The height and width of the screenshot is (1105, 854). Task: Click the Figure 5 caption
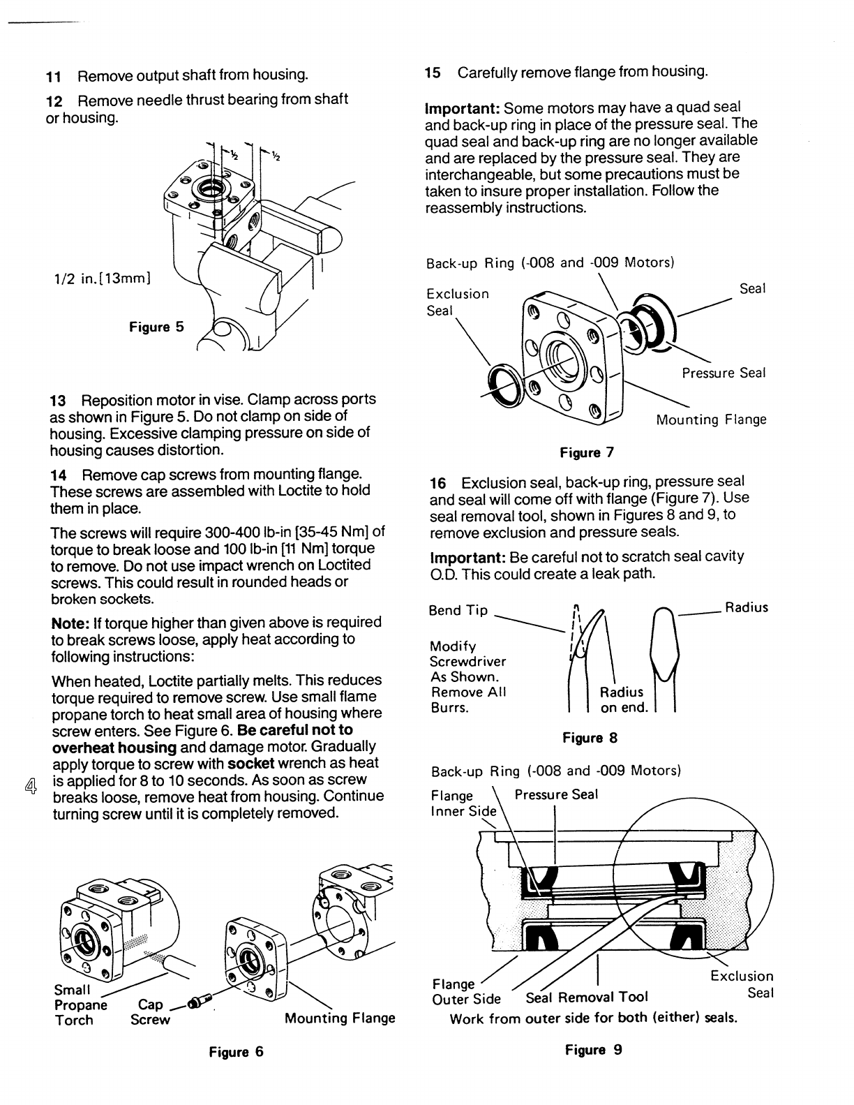[156, 327]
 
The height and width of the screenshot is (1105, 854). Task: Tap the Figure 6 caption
[236, 1052]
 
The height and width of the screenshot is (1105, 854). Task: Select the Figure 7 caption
[587, 453]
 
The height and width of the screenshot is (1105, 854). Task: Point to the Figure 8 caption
[590, 738]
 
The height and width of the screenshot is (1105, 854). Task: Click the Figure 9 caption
[593, 1050]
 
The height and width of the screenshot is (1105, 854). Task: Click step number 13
[58, 400]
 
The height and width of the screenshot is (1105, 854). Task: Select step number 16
[437, 483]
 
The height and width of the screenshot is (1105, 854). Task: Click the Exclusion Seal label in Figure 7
[457, 302]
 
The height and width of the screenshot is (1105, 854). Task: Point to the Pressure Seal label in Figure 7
[724, 373]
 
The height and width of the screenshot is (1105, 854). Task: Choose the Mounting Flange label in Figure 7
[710, 420]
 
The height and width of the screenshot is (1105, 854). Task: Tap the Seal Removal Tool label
[587, 997]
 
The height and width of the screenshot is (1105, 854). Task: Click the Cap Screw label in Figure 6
[150, 1012]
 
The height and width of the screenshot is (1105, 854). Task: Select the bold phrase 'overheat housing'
[114, 747]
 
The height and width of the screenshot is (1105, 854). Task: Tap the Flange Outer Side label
[466, 991]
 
